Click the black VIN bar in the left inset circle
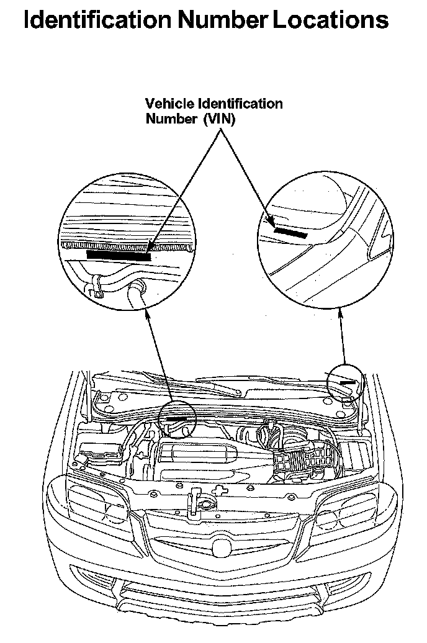click(119, 254)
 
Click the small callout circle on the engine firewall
click(178, 420)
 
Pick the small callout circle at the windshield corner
click(345, 381)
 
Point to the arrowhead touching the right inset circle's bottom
click(340, 315)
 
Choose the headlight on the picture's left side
click(99, 508)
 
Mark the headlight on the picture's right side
click(344, 511)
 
